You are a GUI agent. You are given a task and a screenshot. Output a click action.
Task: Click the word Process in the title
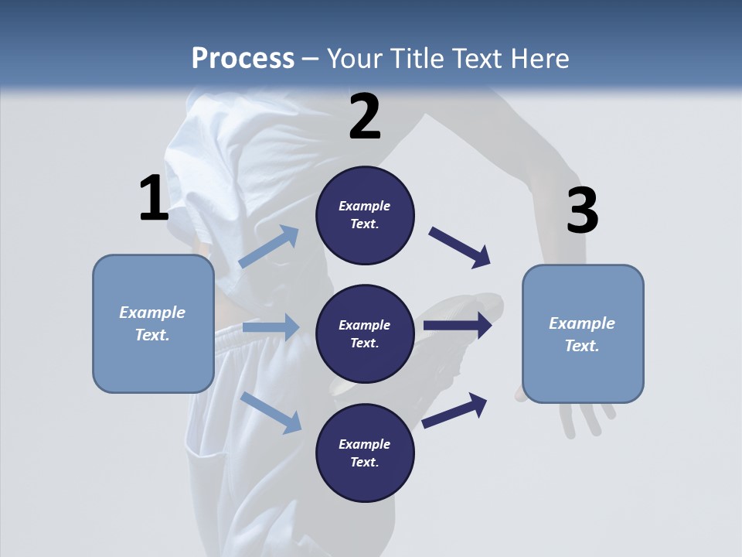point(243,59)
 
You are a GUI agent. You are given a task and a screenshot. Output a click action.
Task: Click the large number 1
point(154,199)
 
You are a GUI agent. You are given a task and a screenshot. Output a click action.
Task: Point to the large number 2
point(365,117)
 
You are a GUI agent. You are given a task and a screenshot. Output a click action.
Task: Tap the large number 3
point(582,211)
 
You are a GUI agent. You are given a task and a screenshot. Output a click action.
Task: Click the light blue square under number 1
point(153,323)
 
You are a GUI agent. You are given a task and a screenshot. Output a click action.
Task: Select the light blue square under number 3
point(583,334)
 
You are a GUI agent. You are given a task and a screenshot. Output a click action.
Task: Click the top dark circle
point(365,215)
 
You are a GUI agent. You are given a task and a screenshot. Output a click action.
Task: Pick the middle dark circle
point(365,333)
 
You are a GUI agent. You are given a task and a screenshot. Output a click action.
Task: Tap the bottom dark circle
point(365,453)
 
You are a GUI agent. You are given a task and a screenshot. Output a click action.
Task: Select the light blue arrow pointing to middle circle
point(271,327)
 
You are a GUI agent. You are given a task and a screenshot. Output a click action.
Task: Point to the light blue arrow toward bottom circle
point(271,412)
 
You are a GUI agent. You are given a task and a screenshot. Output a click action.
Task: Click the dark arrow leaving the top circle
point(460,248)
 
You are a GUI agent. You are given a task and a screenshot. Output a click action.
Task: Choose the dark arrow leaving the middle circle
point(458,326)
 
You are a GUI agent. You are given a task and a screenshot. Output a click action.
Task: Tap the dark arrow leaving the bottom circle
point(454,410)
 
